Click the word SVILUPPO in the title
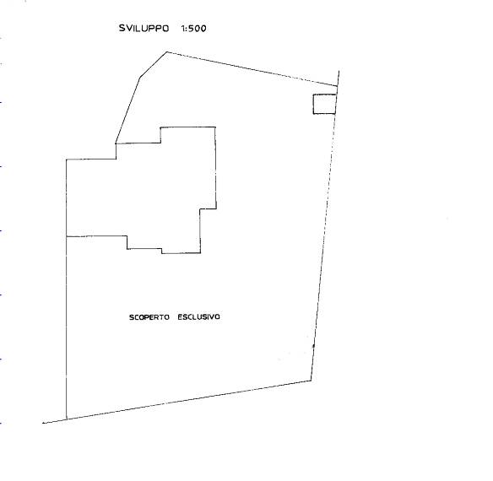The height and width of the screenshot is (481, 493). point(144,29)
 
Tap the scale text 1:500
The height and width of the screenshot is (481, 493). point(193,29)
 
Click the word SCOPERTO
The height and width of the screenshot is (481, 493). point(149,317)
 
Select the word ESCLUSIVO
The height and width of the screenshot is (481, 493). point(198,317)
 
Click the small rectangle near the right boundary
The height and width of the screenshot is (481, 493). point(325,104)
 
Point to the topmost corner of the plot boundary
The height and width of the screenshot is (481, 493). point(166,51)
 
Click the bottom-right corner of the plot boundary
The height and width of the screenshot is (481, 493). point(311,381)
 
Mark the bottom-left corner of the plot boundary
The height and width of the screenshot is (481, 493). point(67,419)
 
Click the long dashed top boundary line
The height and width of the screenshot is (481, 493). point(252,69)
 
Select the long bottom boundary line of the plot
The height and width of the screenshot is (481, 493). point(188,400)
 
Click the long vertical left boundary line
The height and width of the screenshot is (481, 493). point(67,289)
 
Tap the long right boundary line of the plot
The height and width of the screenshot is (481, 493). point(324,233)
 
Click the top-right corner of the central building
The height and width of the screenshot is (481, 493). point(215,127)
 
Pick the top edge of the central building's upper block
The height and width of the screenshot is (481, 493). point(188,127)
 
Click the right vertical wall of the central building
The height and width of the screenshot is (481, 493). point(216,168)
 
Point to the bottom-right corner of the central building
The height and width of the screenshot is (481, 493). point(200,253)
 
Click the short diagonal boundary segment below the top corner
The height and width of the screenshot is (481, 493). point(153,64)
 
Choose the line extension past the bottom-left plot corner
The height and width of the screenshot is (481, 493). point(54,421)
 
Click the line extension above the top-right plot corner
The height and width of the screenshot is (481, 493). point(338,78)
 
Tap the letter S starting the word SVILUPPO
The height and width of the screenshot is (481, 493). point(122,29)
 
